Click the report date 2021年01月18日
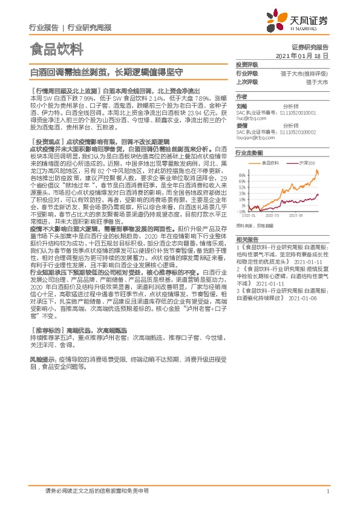point(302,55)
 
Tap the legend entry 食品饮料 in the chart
point(272,163)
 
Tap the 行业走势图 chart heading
point(249,154)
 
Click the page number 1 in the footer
point(327,492)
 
